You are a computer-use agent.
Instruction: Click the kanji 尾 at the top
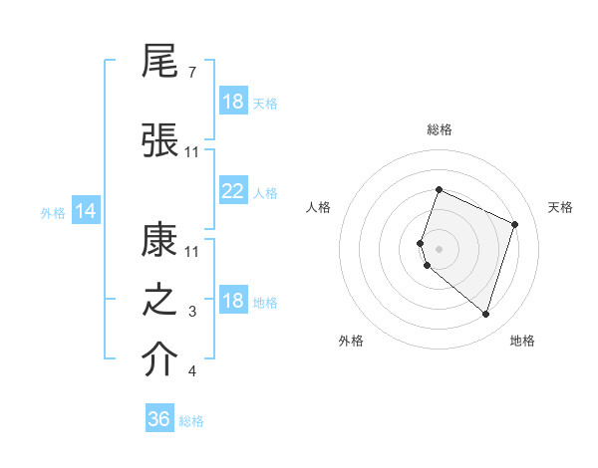[x=160, y=62]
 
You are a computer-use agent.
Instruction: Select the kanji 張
[x=160, y=138]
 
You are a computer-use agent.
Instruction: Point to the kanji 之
[x=160, y=300]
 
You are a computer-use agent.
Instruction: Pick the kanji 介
[x=160, y=359]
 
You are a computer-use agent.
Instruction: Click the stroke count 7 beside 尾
[x=191, y=73]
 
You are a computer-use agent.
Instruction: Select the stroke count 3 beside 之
[x=191, y=312]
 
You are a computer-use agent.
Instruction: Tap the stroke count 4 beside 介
[x=191, y=371]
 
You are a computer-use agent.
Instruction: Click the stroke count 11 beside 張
[x=192, y=151]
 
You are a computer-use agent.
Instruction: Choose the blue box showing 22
[x=233, y=191]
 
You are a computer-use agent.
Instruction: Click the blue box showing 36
[x=159, y=419]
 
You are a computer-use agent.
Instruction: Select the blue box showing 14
[x=85, y=211]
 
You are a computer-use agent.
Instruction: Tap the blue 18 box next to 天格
[x=233, y=102]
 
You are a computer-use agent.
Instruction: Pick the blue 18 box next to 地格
[x=233, y=301]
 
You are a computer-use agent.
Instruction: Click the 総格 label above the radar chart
[x=440, y=129]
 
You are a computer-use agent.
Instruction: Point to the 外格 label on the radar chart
[x=351, y=341]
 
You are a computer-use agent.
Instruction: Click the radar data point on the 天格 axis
[x=515, y=224]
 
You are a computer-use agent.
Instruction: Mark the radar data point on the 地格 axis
[x=485, y=315]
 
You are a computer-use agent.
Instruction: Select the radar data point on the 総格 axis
[x=439, y=190]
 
